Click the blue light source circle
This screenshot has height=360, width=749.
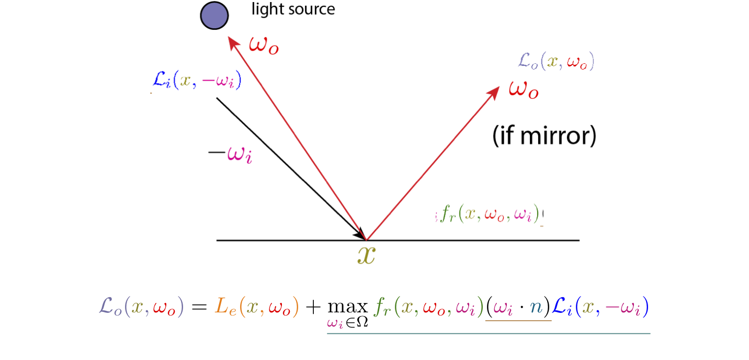pos(214,16)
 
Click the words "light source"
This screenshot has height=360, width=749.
pos(293,9)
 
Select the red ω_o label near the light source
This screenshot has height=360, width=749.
pos(264,45)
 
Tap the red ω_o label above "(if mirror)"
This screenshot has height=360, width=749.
pos(524,89)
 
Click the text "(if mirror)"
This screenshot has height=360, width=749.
pos(544,136)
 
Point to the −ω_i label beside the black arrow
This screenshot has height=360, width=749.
pos(230,155)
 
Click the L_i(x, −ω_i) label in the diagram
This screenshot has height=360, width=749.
pos(196,81)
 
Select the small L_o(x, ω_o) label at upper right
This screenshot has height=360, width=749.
pos(556,62)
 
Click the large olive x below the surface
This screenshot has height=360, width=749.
pos(366,255)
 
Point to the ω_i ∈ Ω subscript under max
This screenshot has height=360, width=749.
pos(347,323)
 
